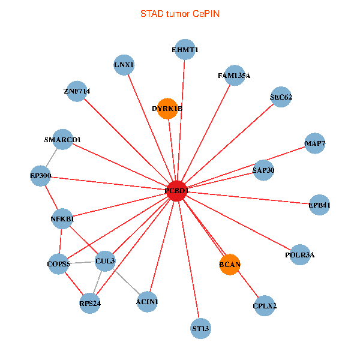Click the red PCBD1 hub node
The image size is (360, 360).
176,190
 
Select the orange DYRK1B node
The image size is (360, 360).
167,109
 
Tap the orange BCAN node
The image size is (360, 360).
230,264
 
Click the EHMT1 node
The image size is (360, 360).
185,50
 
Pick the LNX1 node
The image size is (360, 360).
124,64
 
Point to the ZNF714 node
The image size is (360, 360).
77,91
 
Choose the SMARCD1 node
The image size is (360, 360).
62,140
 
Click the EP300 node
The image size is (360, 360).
41,176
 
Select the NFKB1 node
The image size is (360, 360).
62,219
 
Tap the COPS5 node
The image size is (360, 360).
59,263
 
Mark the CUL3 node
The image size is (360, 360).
105,260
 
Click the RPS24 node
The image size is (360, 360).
90,303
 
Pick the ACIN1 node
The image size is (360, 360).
147,301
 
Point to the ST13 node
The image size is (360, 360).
201,328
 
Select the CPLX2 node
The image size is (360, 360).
265,306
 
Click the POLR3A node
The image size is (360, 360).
299,254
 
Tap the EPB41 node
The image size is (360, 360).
319,205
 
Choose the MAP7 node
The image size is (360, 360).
315,143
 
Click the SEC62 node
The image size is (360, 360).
281,97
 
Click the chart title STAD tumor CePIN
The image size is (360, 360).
179,13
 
